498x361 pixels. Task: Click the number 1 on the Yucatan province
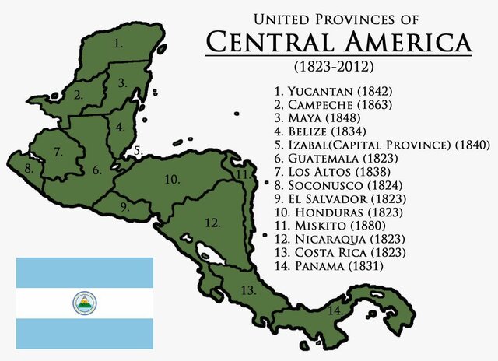tap(118, 44)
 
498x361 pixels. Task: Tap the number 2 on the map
tap(79, 96)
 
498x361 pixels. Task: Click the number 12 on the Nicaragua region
tap(211, 223)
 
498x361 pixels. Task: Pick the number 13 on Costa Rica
tap(247, 291)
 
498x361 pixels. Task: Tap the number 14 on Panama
tap(335, 310)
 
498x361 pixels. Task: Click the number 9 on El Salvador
tap(125, 206)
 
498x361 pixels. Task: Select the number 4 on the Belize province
tap(120, 127)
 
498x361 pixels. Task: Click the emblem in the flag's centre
tap(85, 303)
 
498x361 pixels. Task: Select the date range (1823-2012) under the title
tap(339, 67)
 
